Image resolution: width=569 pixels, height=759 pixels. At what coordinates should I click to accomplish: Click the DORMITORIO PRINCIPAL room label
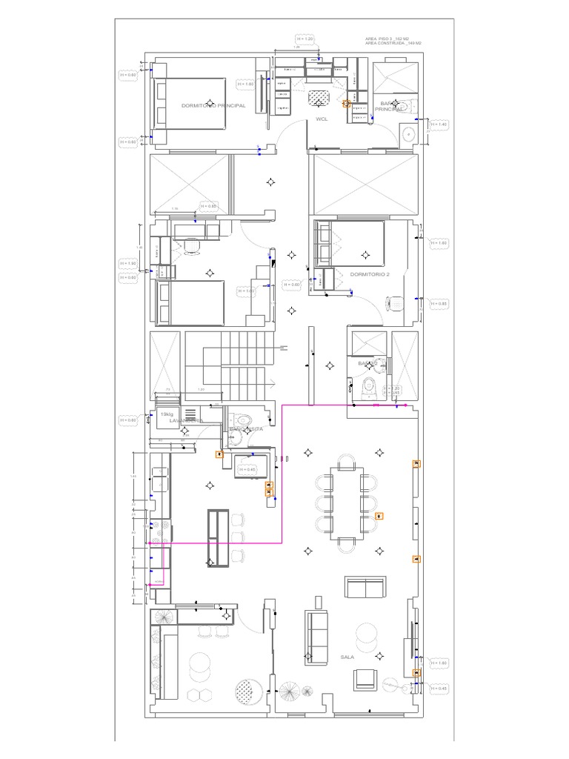tap(213, 106)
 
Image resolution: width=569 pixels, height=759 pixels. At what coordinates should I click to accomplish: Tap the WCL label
tap(322, 118)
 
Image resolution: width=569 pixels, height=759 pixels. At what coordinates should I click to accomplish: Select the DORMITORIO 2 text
tap(370, 274)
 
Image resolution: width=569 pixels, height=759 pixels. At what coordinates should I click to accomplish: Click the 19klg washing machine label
tap(164, 415)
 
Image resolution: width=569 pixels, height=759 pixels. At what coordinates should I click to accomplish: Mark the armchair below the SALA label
tap(365, 679)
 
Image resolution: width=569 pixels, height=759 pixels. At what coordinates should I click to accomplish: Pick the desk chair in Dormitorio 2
tap(395, 303)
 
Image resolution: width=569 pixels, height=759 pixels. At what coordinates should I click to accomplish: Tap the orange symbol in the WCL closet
tap(346, 105)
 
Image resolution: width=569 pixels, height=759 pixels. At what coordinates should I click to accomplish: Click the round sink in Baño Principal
tap(407, 134)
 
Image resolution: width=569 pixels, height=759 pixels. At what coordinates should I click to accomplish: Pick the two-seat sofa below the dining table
tap(365, 588)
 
